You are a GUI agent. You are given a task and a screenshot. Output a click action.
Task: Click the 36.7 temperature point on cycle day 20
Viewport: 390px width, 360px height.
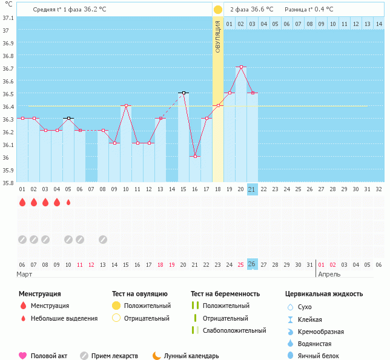pos(241,67)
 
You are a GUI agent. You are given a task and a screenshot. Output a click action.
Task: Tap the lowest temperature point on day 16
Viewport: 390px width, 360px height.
pos(194,156)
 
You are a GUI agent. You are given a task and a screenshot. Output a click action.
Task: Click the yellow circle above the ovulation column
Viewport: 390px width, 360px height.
pos(218,10)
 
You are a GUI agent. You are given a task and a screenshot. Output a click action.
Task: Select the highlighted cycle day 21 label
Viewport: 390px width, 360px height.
pos(253,189)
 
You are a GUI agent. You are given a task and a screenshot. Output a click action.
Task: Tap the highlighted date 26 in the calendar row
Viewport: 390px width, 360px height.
pos(253,264)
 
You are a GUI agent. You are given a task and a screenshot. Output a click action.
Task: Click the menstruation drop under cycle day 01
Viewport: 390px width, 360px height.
pos(22,203)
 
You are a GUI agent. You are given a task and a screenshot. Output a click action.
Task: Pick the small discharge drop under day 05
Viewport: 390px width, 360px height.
pos(68,203)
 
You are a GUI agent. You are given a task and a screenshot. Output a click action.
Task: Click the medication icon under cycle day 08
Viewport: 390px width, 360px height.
pos(103,240)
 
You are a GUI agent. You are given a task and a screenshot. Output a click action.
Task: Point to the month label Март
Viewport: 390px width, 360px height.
pos(24,274)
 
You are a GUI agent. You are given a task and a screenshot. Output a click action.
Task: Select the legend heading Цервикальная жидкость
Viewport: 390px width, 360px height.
pos(324,294)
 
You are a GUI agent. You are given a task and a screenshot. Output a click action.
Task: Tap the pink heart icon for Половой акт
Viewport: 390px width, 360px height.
pos(23,356)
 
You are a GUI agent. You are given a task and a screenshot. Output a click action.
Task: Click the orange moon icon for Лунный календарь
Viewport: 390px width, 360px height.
pos(156,356)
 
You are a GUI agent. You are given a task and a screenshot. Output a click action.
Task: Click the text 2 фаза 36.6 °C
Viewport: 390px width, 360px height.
pos(251,10)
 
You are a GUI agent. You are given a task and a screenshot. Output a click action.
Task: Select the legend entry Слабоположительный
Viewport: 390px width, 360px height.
pos(234,330)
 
